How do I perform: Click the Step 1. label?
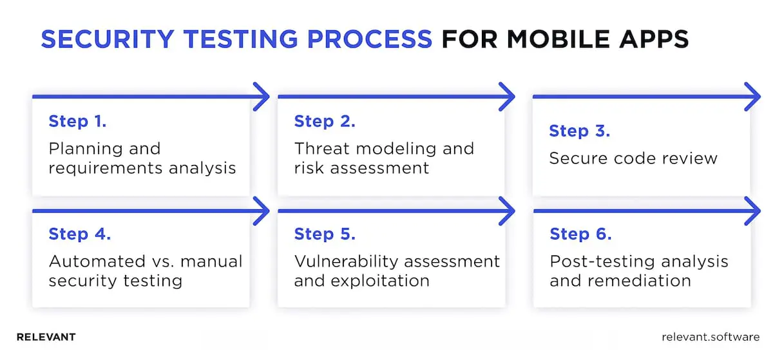click(77, 121)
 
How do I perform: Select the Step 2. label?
click(325, 121)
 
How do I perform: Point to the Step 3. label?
click(579, 131)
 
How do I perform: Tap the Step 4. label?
click(79, 234)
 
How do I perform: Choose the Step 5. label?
click(325, 234)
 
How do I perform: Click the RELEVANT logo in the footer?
click(46, 337)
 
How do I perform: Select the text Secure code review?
click(633, 158)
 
